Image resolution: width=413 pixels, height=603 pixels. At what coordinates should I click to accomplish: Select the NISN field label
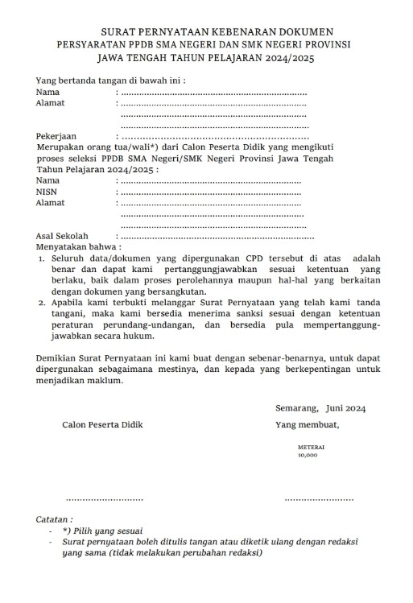coord(47,192)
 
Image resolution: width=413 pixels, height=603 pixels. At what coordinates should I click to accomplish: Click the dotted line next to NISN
coord(209,192)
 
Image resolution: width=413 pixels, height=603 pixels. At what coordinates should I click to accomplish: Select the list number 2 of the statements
coord(43,303)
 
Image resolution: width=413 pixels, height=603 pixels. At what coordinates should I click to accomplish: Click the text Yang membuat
coord(307,424)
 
